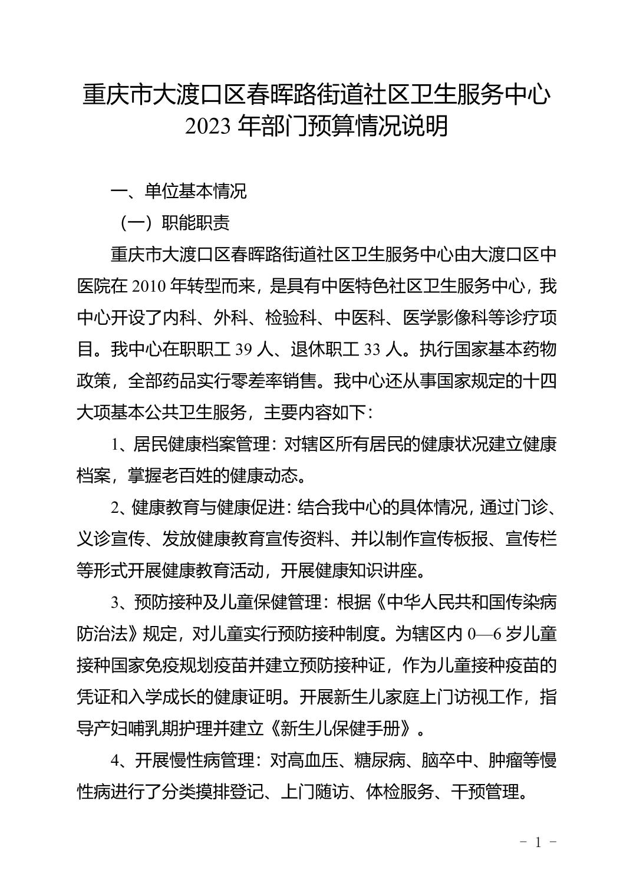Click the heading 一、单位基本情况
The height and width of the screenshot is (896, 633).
click(x=179, y=191)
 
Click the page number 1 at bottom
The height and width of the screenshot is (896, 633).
click(x=537, y=842)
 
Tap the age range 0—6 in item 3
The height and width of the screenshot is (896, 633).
click(x=484, y=634)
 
